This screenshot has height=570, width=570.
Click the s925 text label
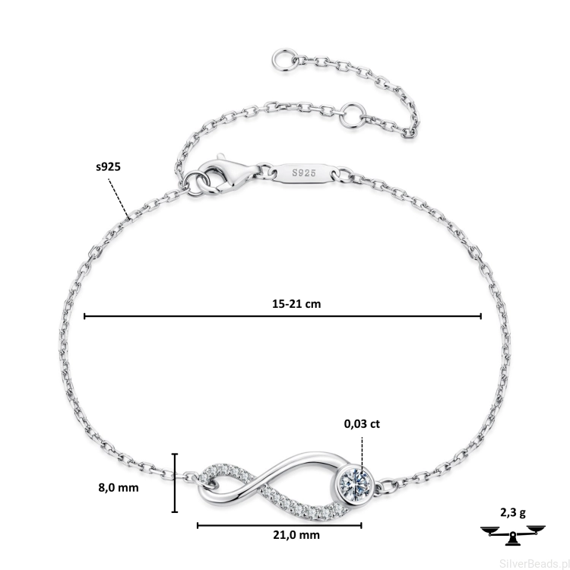pyautogui.click(x=108, y=167)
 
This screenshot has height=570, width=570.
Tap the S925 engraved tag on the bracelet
pyautogui.click(x=304, y=173)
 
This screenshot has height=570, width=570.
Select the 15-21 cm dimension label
pyautogui.click(x=296, y=303)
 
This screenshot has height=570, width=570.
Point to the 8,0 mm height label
pyautogui.click(x=119, y=487)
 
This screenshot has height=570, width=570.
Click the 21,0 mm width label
pyautogui.click(x=296, y=535)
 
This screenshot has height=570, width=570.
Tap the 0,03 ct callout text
pyautogui.click(x=362, y=424)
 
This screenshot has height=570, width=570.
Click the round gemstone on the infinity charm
pyautogui.click(x=356, y=484)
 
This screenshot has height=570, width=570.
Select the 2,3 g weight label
pyautogui.click(x=512, y=512)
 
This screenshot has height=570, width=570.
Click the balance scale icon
pyautogui.click(x=512, y=534)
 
